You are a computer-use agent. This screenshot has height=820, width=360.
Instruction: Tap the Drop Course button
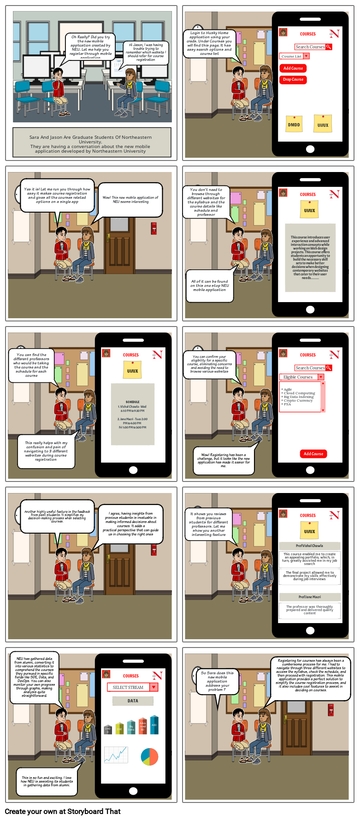tap(293, 80)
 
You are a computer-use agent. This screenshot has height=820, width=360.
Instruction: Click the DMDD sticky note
tap(294, 124)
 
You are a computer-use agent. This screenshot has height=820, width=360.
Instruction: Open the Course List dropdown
tap(307, 56)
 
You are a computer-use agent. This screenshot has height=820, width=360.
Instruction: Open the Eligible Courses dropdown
tap(321, 377)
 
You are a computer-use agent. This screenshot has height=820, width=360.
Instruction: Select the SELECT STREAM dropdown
tap(154, 687)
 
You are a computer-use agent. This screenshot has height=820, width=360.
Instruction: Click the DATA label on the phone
tap(133, 701)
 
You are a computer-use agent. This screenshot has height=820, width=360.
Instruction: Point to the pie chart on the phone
tap(149, 757)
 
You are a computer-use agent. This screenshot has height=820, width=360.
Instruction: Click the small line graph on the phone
tap(116, 755)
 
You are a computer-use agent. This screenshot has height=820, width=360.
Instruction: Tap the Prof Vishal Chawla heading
tap(310, 546)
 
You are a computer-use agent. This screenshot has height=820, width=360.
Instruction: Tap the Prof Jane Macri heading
tap(310, 597)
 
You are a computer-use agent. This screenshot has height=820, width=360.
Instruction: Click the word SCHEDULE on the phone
tap(132, 402)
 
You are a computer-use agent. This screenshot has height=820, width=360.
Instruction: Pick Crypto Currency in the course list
tap(298, 400)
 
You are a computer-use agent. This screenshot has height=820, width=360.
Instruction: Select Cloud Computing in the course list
tap(299, 393)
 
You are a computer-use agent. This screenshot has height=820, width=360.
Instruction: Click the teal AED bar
tap(154, 725)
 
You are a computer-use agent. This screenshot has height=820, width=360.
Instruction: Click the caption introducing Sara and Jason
tap(91, 144)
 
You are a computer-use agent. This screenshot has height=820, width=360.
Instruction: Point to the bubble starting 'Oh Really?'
tap(91, 47)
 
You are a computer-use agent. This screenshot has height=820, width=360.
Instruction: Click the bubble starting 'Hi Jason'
tap(146, 52)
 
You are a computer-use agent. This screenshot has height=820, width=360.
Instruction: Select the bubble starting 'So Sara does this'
tap(217, 681)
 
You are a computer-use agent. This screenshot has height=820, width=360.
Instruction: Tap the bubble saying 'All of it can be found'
tap(209, 286)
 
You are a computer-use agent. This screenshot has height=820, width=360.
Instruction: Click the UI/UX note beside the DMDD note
tap(323, 124)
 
